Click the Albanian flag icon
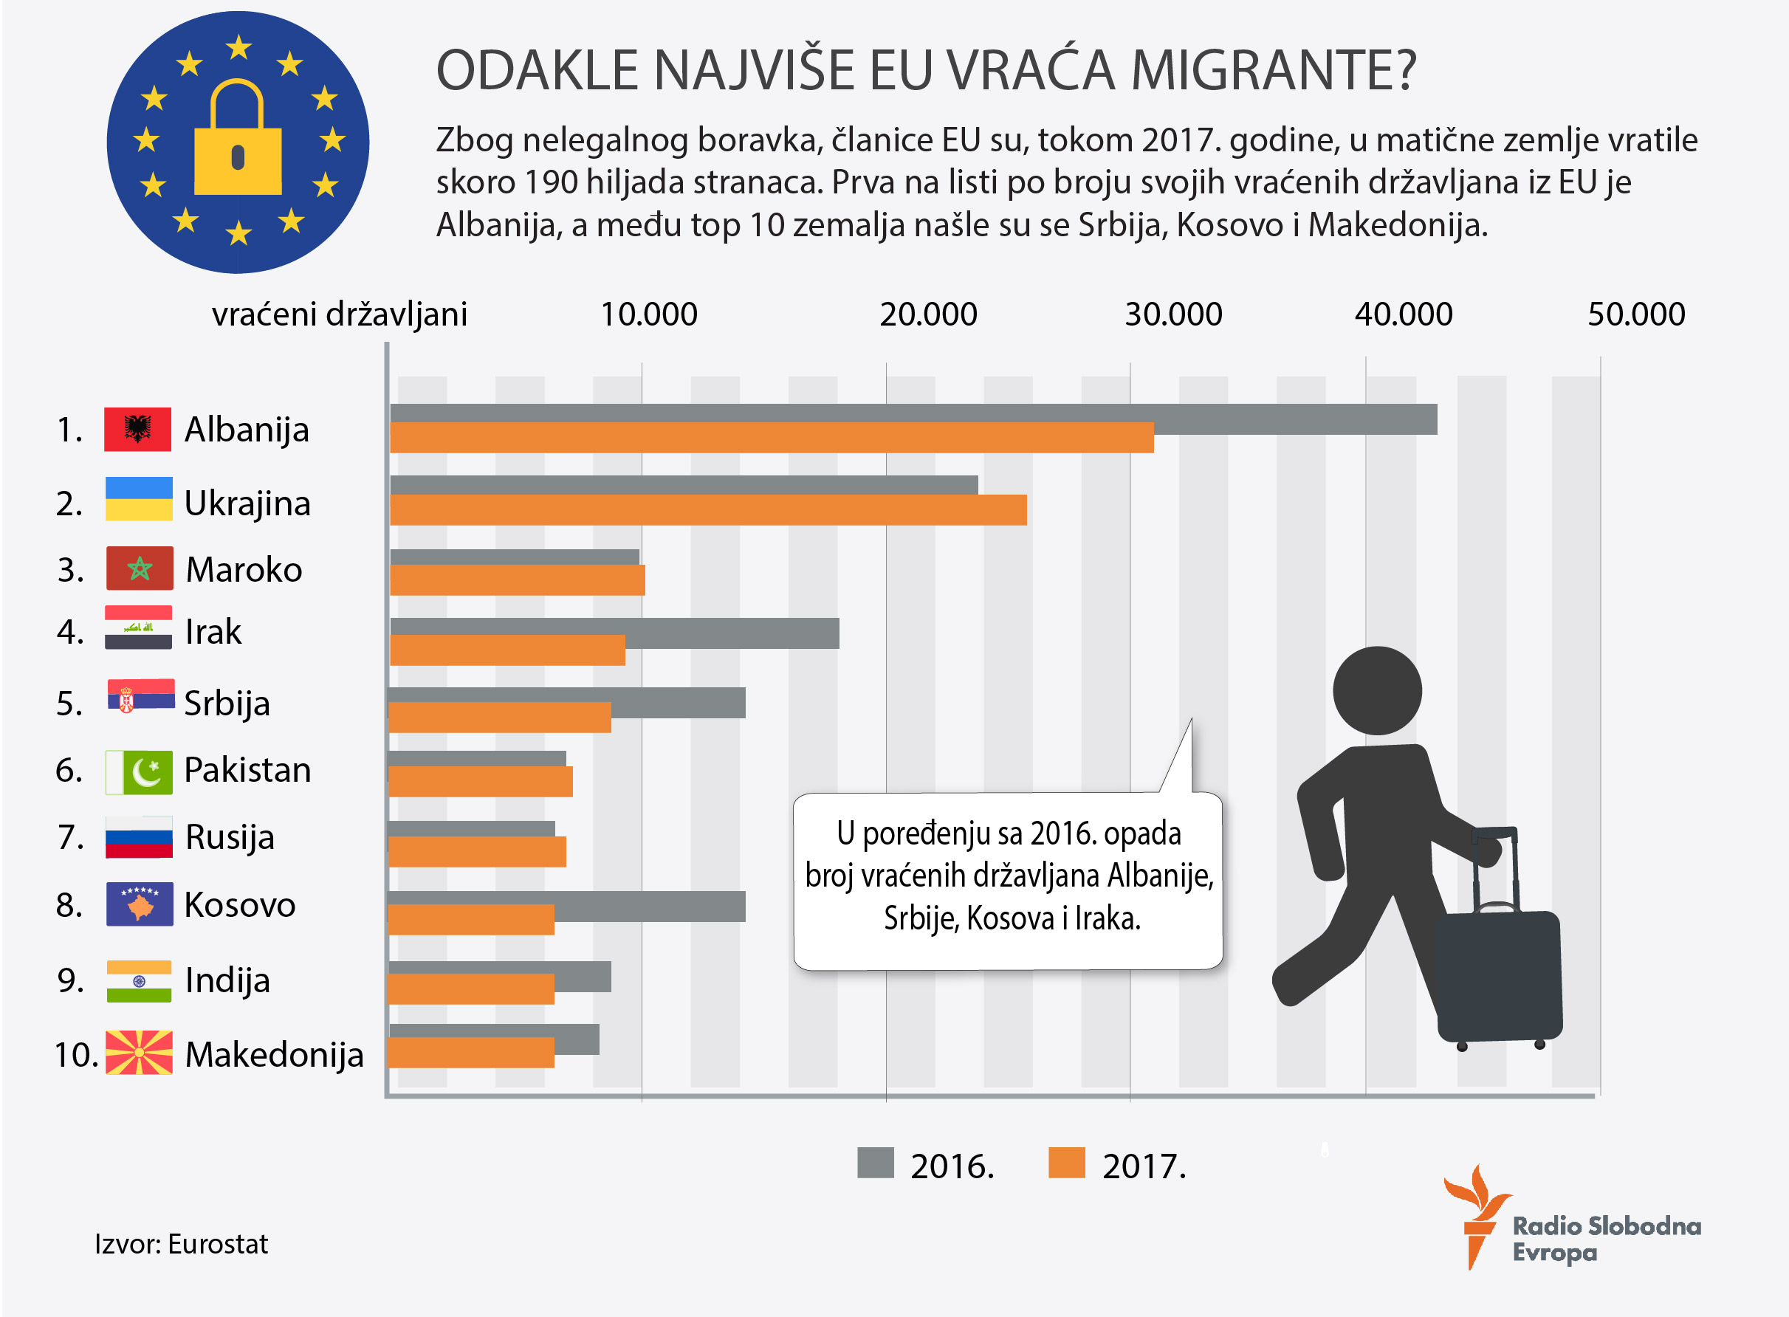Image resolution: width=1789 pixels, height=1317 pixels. pyautogui.click(x=137, y=429)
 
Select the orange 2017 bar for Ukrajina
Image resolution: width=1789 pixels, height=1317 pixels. pyautogui.click(x=707, y=510)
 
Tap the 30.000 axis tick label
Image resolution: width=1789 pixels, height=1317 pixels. pyautogui.click(x=1172, y=314)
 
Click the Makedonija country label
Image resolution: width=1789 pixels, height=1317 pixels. pyautogui.click(x=274, y=1054)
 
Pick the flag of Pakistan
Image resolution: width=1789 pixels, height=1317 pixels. pyautogui.click(x=139, y=771)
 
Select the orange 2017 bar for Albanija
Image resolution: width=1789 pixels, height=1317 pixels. pyautogui.click(x=771, y=438)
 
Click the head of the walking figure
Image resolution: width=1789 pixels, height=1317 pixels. pyautogui.click(x=1377, y=690)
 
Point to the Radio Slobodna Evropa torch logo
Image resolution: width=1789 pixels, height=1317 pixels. pyautogui.click(x=1477, y=1215)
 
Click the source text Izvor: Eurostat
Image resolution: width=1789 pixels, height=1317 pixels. pyautogui.click(x=181, y=1244)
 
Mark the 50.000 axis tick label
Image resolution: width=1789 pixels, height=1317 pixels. pyautogui.click(x=1636, y=314)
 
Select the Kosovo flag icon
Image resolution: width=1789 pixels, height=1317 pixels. pyautogui.click(x=140, y=904)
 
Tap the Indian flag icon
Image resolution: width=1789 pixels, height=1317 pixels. pyautogui.click(x=139, y=980)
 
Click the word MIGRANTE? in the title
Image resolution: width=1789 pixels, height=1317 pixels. pyautogui.click(x=1273, y=70)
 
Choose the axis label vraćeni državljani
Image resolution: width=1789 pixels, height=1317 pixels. pyautogui.click(x=339, y=314)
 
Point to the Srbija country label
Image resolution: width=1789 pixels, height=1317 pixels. pyautogui.click(x=227, y=703)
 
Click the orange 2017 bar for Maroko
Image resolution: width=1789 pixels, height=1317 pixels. pyautogui.click(x=517, y=580)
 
